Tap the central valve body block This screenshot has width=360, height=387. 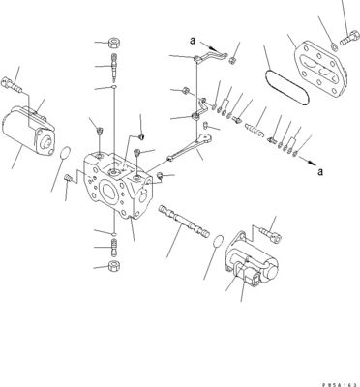118,190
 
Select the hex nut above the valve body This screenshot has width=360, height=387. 113,44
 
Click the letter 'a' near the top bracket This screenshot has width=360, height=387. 193,40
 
